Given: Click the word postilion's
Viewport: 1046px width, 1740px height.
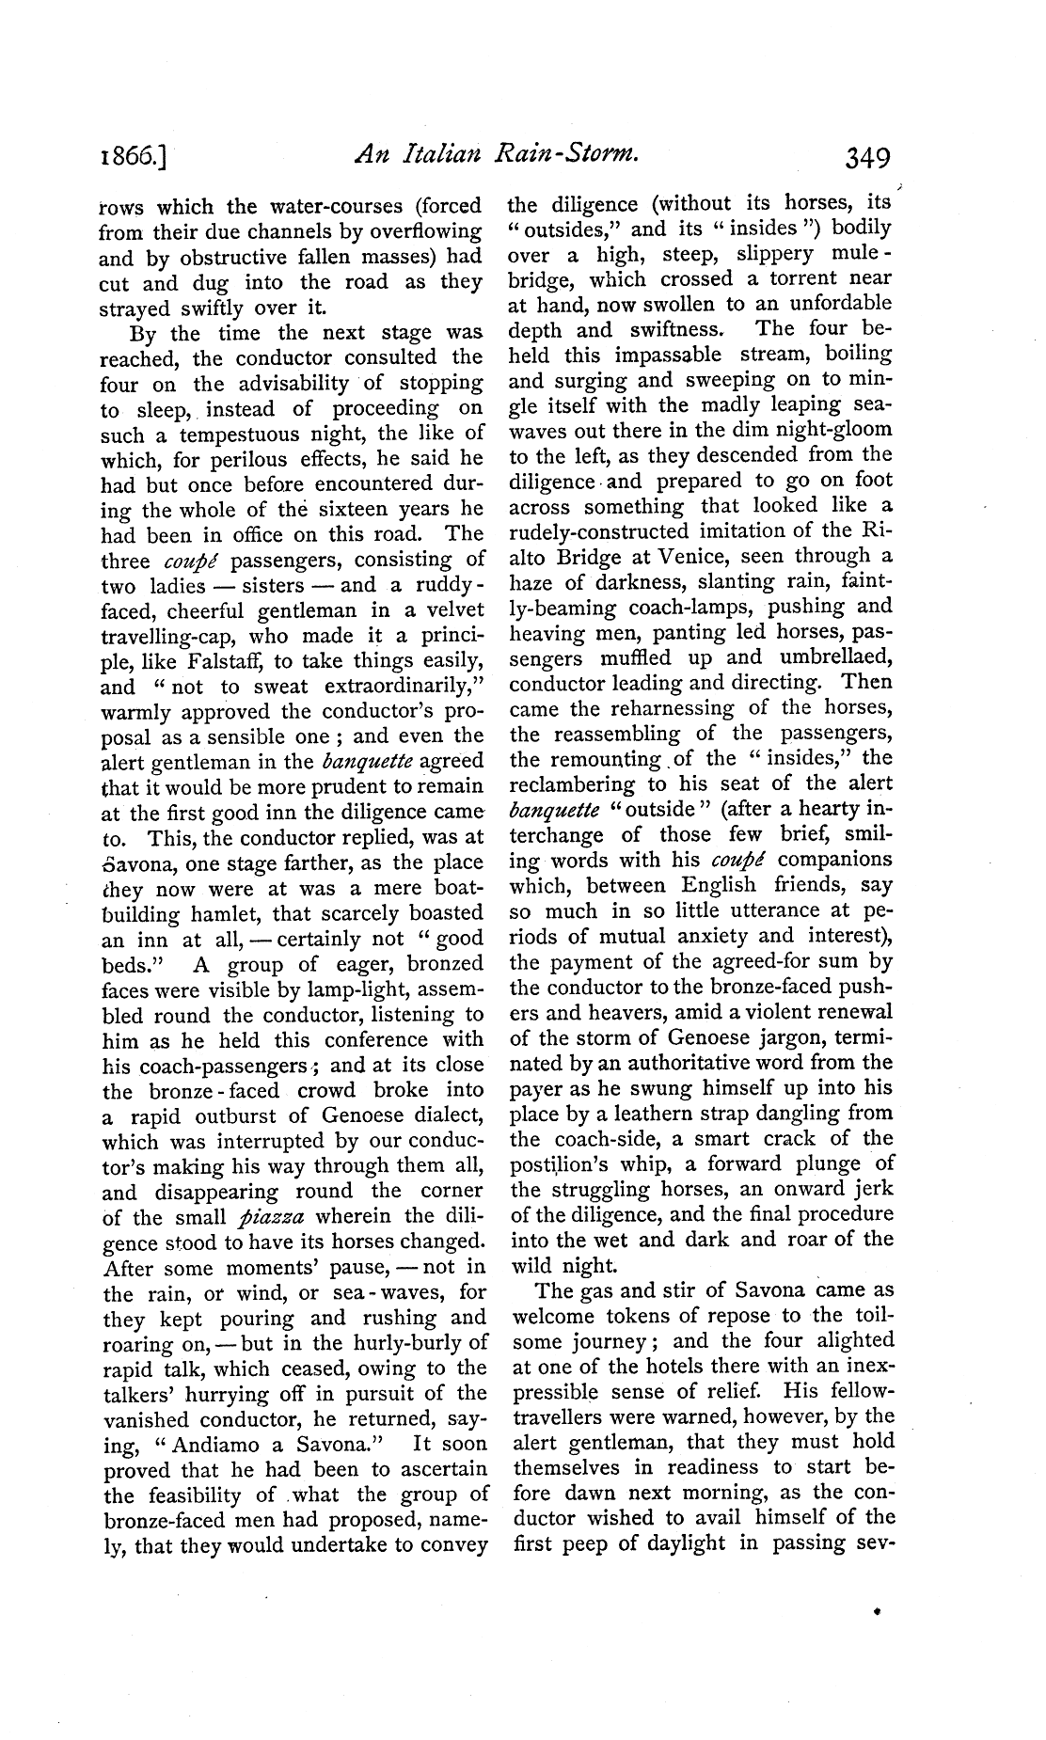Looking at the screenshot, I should [559, 1164].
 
